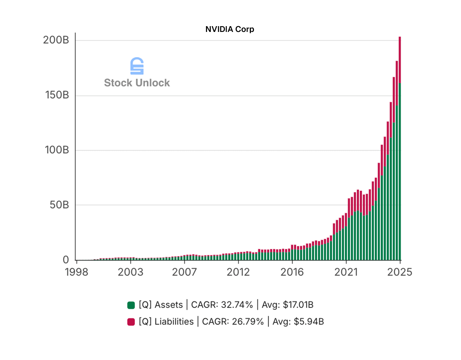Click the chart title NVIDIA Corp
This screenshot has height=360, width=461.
(229, 29)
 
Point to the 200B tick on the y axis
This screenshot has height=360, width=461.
(56, 40)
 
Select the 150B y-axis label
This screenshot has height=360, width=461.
(57, 95)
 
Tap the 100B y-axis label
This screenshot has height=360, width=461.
(57, 150)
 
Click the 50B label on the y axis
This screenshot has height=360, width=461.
(59, 205)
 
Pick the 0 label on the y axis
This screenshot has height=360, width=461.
(66, 260)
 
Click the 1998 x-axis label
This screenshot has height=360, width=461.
(76, 272)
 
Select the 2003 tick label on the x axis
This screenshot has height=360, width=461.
(131, 272)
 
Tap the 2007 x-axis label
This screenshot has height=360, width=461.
(184, 272)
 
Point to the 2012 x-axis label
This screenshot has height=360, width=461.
(238, 272)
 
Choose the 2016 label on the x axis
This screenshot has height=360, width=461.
(292, 272)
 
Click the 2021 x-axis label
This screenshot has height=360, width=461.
(346, 272)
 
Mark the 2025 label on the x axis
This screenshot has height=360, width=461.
(399, 272)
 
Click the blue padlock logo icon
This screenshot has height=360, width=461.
(137, 66)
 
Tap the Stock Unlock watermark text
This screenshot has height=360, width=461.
(137, 83)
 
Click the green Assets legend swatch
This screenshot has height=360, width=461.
(131, 305)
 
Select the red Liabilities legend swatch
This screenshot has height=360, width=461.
(131, 322)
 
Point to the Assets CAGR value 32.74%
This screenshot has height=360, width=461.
(237, 305)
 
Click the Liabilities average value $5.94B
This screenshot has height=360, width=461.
(309, 322)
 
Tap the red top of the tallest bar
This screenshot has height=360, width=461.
(400, 59)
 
